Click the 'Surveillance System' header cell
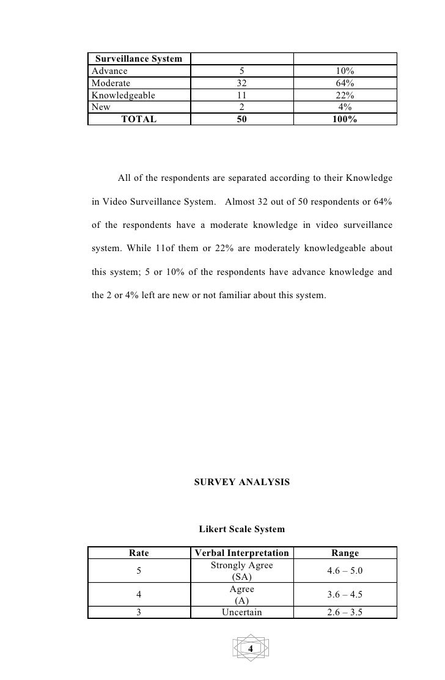138,59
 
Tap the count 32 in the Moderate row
241,83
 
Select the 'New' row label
101,106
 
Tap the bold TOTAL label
139,119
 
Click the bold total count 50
241,119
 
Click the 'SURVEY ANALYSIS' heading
241,482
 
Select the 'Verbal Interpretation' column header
241,554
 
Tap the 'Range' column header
345,554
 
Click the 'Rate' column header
139,554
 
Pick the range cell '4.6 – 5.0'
345,571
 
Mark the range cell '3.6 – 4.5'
345,594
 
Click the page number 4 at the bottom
250,648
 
